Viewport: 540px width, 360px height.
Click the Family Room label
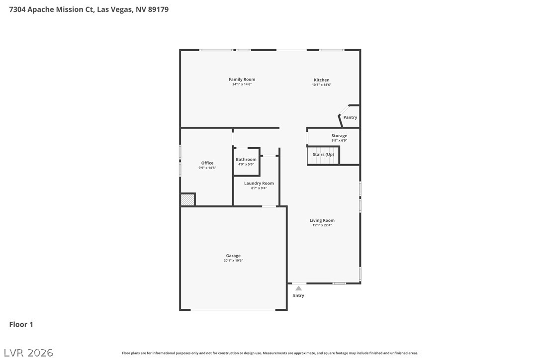coord(242,79)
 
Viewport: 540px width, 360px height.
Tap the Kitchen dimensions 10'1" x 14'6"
coord(322,85)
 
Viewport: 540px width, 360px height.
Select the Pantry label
coord(350,117)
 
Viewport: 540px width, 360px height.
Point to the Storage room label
coord(339,136)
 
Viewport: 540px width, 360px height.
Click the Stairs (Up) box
coord(323,155)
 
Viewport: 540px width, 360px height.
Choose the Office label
coord(207,163)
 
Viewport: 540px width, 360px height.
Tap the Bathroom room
coord(246,162)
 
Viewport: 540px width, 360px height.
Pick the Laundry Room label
coord(259,183)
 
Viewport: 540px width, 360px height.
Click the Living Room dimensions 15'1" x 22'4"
coord(322,225)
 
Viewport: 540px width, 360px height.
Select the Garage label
coord(233,256)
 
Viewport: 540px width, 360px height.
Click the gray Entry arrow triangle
coord(298,288)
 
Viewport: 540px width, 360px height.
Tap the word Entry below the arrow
coord(298,295)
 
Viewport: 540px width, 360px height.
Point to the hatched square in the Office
coord(187,200)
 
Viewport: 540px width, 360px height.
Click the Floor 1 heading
coord(21,325)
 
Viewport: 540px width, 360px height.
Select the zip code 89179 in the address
coord(159,9)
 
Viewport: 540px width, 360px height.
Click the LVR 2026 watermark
coord(28,353)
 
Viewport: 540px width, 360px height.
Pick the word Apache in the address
coord(41,9)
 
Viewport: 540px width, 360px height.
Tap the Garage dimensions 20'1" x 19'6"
coord(233,261)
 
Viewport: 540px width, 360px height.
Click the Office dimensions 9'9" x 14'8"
coord(207,168)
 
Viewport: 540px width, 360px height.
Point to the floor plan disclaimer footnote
coord(270,353)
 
